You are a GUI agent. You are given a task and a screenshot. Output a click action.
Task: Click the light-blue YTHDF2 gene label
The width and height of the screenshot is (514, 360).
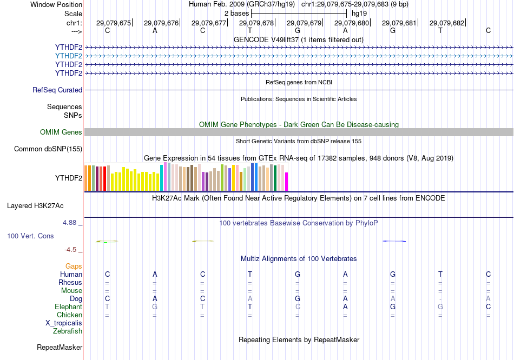[x=69, y=56]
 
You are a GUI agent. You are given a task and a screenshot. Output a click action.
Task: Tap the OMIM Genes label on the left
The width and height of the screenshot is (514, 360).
[x=61, y=132]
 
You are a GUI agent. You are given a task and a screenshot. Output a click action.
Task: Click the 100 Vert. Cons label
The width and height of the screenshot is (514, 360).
[x=31, y=236]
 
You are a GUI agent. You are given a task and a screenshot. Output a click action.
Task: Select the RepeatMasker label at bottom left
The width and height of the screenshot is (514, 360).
[x=60, y=347]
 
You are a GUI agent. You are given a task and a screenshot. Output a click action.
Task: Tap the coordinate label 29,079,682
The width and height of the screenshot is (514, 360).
[x=447, y=23]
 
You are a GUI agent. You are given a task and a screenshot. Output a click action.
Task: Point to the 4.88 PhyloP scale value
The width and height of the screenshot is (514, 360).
[x=72, y=222]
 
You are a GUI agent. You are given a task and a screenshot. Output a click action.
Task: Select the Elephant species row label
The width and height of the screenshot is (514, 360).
[x=69, y=307]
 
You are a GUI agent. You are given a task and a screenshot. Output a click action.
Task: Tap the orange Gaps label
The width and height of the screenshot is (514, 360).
[x=74, y=266]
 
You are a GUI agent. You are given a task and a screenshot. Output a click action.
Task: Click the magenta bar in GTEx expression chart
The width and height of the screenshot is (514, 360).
[x=287, y=182]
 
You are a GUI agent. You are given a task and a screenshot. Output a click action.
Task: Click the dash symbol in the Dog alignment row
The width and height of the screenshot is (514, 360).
[x=440, y=299]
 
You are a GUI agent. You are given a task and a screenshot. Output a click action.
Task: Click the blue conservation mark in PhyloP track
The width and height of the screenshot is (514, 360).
[x=394, y=241]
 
